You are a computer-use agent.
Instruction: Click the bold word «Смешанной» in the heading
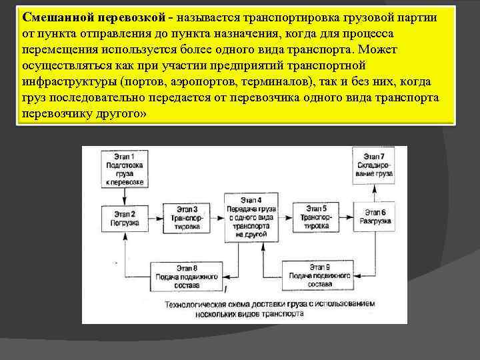pyautogui.click(x=58, y=17)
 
